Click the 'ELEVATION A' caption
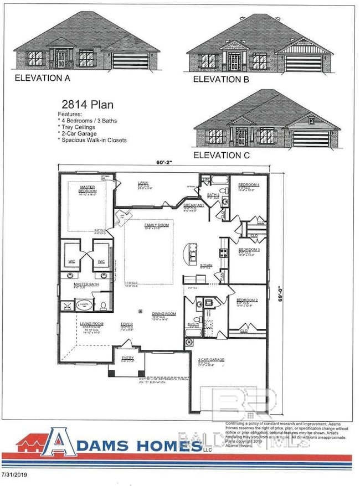pyautogui.click(x=42, y=78)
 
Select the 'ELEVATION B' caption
pyautogui.click(x=221, y=79)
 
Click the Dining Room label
pyautogui.click(x=164, y=314)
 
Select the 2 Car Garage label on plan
pyautogui.click(x=210, y=360)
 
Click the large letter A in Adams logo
pyautogui.click(x=62, y=442)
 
